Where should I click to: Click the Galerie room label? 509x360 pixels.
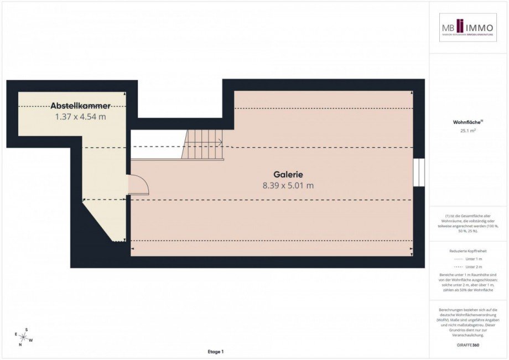(288, 174)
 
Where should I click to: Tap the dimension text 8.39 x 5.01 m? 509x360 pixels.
(288, 186)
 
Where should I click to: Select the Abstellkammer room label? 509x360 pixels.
(81, 106)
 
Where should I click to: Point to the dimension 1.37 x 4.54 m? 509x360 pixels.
(81, 117)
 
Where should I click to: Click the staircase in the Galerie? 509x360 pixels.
(204, 145)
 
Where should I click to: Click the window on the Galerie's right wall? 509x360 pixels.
(419, 173)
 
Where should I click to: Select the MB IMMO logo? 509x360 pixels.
(468, 28)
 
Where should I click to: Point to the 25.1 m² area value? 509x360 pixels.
(468, 131)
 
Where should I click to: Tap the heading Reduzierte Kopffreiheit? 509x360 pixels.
(468, 251)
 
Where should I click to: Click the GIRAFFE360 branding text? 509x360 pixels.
(468, 344)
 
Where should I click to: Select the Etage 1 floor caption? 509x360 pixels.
(216, 352)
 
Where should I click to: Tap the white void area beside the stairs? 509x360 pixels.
(157, 145)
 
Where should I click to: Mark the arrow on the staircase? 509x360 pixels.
(220, 143)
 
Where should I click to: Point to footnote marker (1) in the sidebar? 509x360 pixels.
(448, 216)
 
